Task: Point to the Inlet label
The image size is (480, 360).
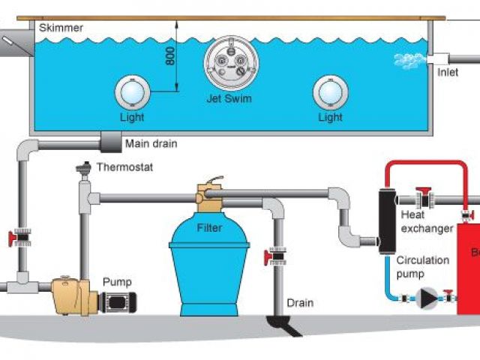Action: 448,73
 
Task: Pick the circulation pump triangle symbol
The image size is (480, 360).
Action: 428,297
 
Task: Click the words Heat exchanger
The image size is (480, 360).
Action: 427,222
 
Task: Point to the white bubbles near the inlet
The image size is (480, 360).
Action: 408,60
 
